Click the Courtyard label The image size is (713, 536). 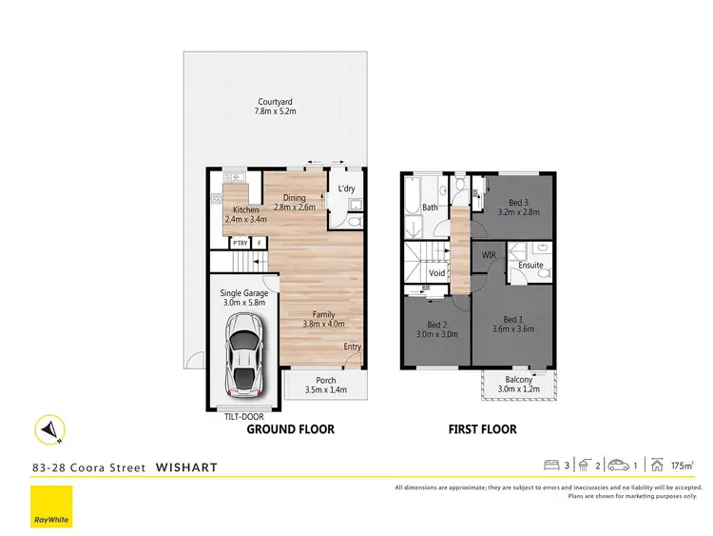[276, 102]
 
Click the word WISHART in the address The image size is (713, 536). [186, 467]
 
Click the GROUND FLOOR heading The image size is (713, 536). [290, 429]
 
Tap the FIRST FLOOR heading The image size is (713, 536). [482, 429]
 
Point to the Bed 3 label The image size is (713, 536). [517, 203]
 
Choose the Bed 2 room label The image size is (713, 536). [437, 325]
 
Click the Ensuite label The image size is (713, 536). [531, 265]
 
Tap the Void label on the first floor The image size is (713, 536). [437, 273]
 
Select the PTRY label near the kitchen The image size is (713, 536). [239, 244]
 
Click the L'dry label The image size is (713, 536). [345, 189]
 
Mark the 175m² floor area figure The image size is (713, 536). [680, 466]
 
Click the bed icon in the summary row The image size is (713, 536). [549, 465]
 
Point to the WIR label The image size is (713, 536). [488, 255]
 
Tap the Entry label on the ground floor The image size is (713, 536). [352, 347]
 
